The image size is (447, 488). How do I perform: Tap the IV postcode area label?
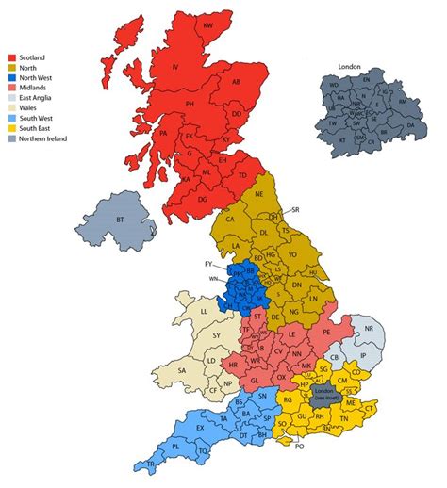[x=175, y=67]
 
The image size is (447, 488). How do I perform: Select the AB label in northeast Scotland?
[x=236, y=82]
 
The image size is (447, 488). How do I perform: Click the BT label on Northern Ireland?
[x=120, y=219]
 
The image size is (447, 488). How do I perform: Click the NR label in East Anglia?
[x=370, y=329]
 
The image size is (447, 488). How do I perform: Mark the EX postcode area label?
[x=200, y=429]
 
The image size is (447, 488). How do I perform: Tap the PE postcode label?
[x=326, y=333]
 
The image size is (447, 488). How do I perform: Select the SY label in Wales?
[x=216, y=335]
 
